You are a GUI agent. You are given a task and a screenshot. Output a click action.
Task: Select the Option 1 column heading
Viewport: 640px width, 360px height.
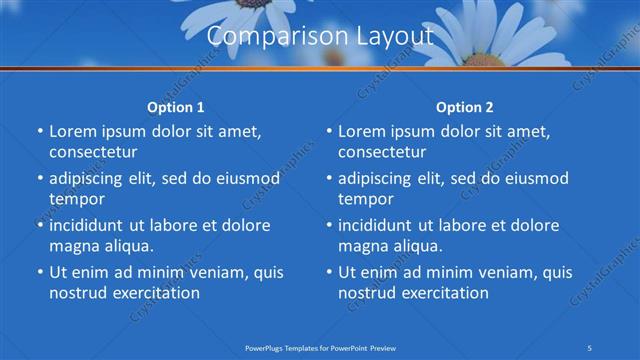pos(176,107)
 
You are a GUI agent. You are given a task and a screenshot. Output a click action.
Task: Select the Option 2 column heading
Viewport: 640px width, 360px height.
pos(465,107)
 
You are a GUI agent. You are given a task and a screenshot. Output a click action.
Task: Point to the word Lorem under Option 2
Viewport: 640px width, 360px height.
pos(361,131)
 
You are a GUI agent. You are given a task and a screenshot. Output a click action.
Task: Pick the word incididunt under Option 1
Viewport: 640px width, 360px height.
pos(93,225)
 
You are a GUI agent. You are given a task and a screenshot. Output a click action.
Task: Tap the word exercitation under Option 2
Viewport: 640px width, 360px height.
pos(443,293)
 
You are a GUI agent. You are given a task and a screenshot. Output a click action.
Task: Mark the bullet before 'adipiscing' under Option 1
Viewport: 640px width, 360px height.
pos(39,178)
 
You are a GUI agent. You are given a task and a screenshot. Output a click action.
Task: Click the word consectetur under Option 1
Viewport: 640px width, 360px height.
pos(93,152)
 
